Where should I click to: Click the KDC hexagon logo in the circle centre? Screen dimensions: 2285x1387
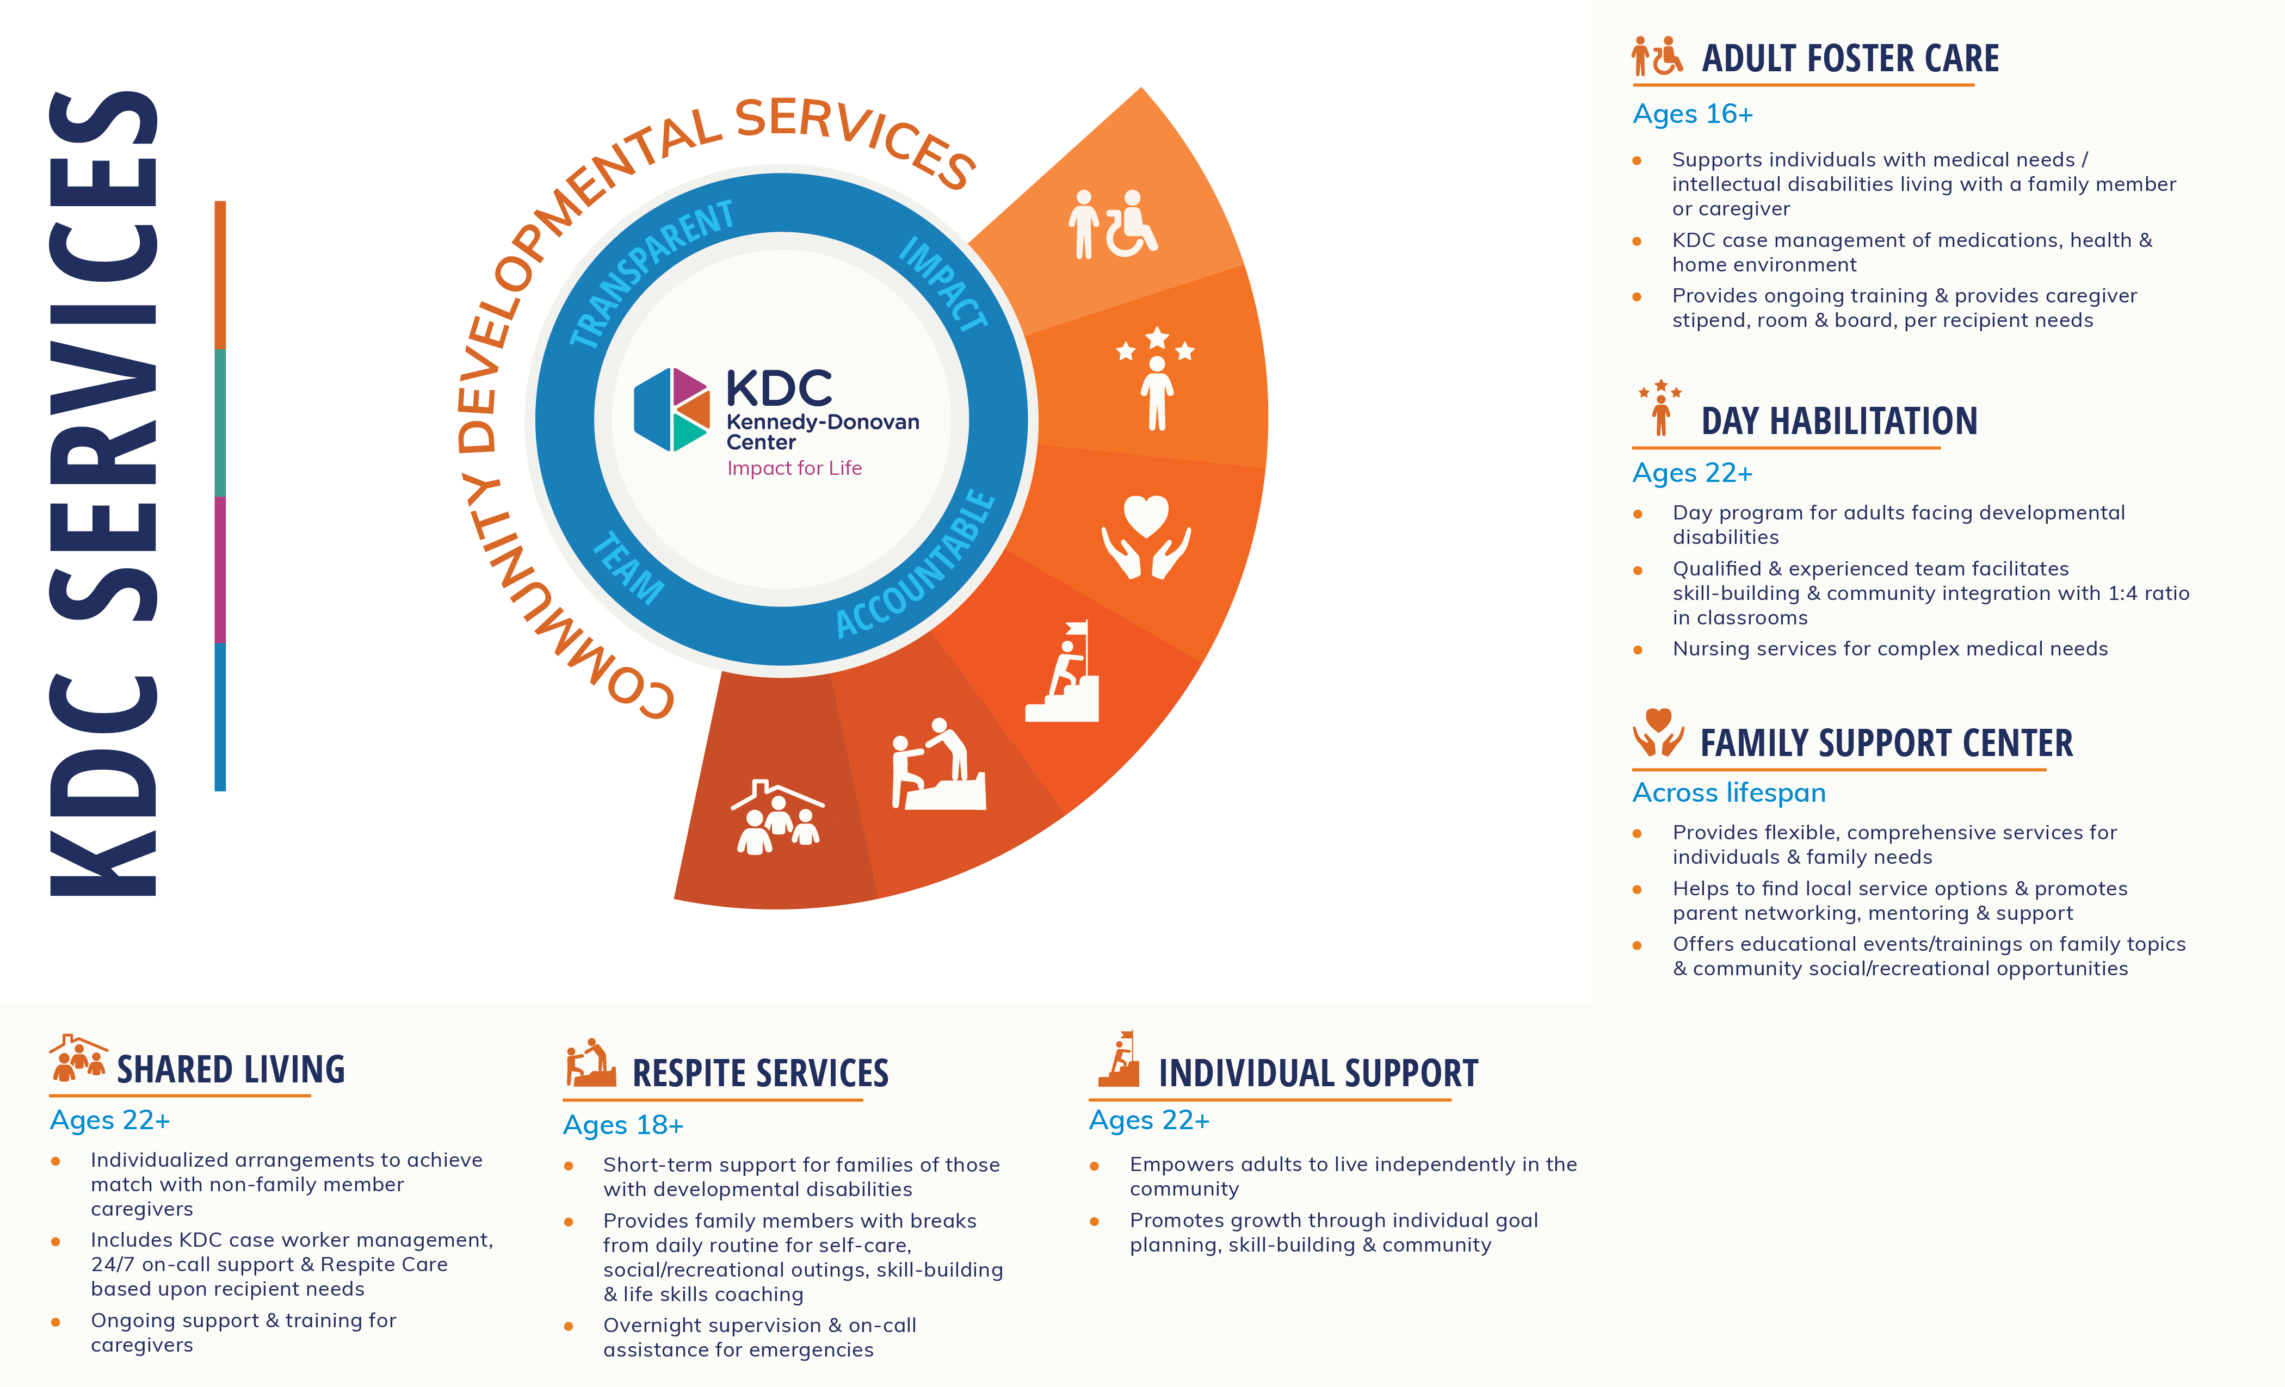coord(671,410)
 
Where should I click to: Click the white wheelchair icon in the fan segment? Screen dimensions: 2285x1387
coord(1113,224)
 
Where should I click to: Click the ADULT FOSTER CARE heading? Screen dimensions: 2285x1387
coord(1850,58)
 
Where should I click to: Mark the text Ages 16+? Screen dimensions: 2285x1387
coord(1693,114)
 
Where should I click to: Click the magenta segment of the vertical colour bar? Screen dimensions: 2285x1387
coord(220,569)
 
